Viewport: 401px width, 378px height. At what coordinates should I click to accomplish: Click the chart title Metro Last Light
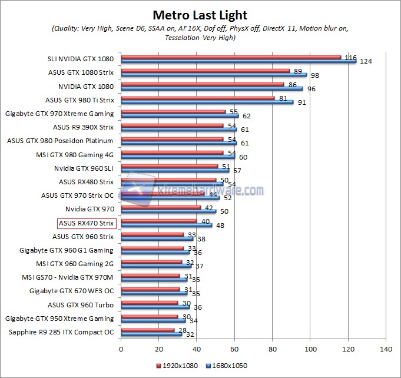pos(200,15)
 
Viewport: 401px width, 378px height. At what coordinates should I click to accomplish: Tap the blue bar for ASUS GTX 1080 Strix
pos(214,75)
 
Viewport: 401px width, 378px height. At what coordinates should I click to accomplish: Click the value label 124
pos(366,61)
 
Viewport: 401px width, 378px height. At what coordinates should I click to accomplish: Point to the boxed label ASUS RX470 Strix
pos(86,223)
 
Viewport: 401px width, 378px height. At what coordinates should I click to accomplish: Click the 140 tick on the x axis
pos(386,349)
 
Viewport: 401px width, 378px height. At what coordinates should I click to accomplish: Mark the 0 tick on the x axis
pos(121,349)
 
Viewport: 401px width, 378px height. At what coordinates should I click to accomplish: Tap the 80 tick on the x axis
pos(273,349)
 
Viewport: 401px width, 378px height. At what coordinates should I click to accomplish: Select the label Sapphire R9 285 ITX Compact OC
pos(62,332)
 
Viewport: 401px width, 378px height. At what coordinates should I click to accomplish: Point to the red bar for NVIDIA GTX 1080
pos(203,84)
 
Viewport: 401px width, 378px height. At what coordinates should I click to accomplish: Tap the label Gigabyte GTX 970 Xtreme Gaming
pos(59,114)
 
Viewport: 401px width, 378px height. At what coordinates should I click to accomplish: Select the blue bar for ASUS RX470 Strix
pos(167,225)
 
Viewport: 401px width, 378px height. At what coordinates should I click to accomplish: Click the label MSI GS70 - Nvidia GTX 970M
pos(71,277)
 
